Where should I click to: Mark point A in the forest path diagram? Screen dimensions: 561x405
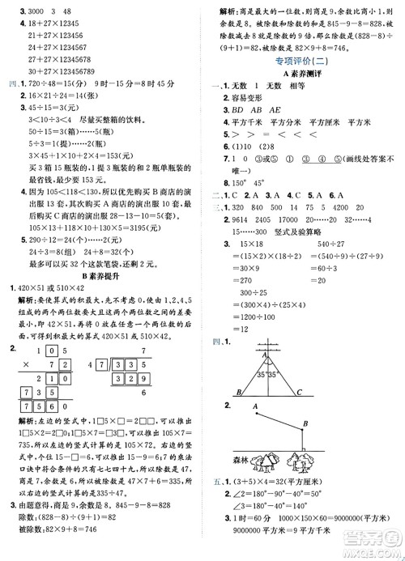[x=256, y=407]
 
